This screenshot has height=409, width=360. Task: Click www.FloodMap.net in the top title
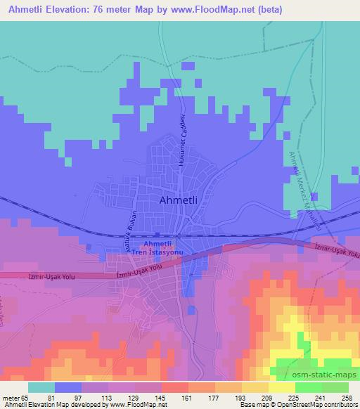224,9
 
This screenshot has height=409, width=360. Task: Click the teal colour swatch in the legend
41,387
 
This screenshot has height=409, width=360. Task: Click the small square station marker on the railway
157,235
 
